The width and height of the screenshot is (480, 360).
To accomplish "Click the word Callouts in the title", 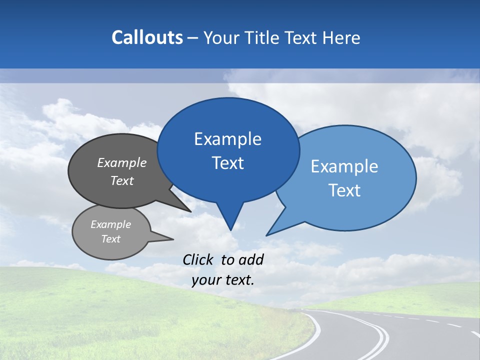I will pos(147,37).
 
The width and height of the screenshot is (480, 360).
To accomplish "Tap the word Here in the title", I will pos(341,37).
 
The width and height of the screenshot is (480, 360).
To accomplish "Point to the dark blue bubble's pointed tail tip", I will pos(230,229).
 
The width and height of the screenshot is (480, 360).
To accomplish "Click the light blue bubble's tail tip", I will pos(267,234).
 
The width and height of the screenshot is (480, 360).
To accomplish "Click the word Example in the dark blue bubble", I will pos(227,139).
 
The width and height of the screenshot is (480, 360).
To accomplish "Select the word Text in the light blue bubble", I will pos(344,190).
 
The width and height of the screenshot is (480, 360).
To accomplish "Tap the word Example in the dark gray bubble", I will pos(122,162).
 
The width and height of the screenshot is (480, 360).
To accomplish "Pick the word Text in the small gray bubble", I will pos(110,239).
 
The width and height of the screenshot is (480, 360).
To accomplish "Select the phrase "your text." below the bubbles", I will pos(222,280).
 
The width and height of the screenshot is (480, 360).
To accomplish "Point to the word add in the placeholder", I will pos(250,259).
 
